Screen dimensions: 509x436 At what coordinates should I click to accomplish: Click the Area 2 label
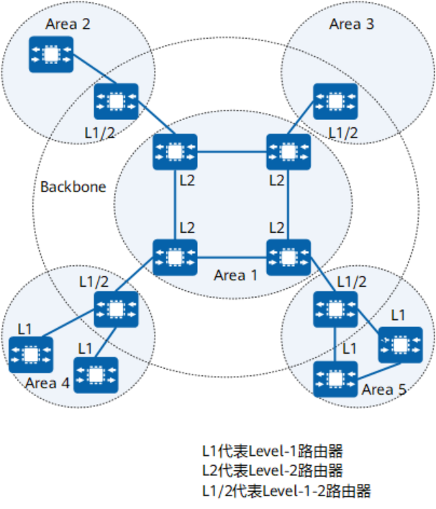[68, 24]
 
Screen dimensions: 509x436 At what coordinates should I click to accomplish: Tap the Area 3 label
[351, 24]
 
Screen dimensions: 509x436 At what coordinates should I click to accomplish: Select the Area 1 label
[235, 275]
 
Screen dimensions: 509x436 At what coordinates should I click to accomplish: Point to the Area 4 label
[47, 382]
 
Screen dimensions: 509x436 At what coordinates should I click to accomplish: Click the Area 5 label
[383, 390]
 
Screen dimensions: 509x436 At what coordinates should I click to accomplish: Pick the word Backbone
[73, 187]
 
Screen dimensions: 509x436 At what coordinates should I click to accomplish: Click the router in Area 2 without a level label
[50, 53]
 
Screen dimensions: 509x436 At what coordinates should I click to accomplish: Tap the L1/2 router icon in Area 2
[117, 101]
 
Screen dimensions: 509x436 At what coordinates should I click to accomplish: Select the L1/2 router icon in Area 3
[335, 101]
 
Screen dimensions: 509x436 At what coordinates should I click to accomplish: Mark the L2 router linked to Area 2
[174, 152]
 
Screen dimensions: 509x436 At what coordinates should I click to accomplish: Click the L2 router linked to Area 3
[288, 152]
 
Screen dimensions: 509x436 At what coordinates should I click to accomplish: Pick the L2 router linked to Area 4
[174, 257]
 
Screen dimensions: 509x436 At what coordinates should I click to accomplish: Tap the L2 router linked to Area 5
[288, 257]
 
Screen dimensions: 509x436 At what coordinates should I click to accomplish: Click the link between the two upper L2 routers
[231, 152]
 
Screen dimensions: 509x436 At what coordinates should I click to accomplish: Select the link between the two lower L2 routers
[231, 257]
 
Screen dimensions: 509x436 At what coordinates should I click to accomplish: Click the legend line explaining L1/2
[286, 491]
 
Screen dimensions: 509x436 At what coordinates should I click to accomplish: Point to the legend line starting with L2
[271, 471]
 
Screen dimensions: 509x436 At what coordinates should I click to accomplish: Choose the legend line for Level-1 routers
[271, 451]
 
